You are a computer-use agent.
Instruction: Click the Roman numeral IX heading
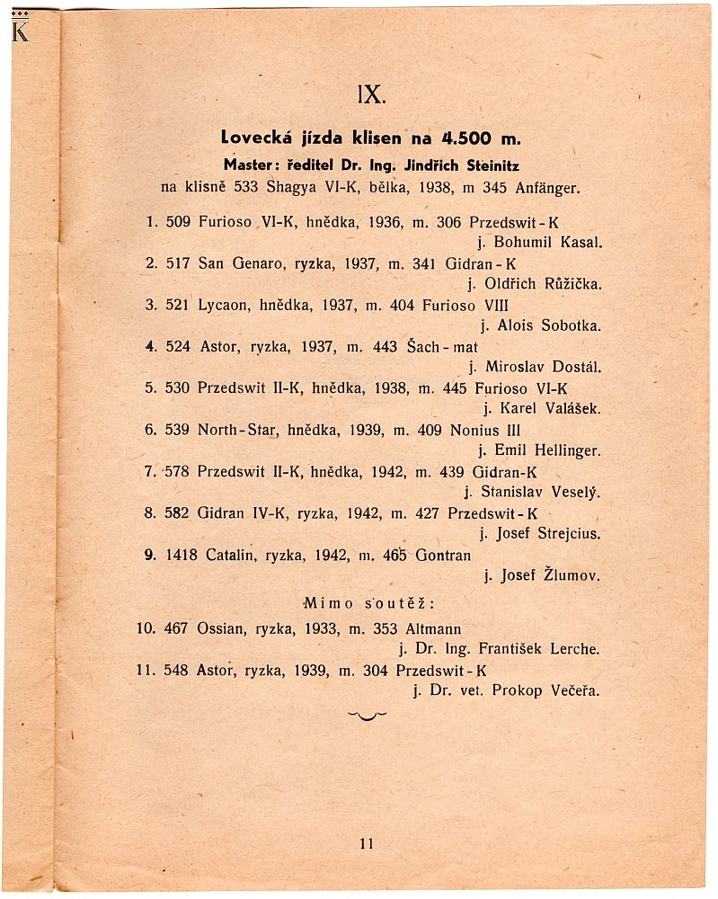(371, 94)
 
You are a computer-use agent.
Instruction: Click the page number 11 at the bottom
(365, 843)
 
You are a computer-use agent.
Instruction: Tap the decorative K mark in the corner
(20, 30)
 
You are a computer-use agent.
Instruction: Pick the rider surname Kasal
(578, 243)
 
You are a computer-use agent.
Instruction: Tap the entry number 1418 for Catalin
(182, 554)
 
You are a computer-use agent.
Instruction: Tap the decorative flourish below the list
(367, 716)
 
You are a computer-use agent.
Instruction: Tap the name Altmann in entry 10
(429, 628)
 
